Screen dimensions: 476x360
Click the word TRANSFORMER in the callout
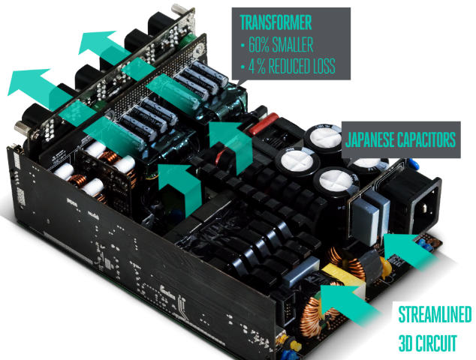pyautogui.click(x=276, y=22)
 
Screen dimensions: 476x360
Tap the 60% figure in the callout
pyautogui.click(x=258, y=44)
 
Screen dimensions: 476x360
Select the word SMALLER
pyautogui.click(x=293, y=44)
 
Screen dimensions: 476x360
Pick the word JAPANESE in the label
pyautogui.click(x=369, y=139)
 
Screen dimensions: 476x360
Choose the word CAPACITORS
pyautogui.click(x=426, y=139)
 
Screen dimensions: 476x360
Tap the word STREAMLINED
pyautogui.click(x=435, y=314)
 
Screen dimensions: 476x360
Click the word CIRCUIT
pyautogui.click(x=436, y=343)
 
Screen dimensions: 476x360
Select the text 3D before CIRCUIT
pyautogui.click(x=406, y=343)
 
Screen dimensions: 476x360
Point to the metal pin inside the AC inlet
pyautogui.click(x=424, y=208)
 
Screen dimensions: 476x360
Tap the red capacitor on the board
pyautogui.click(x=264, y=123)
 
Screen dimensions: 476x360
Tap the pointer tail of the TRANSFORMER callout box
pyautogui.click(x=241, y=82)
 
